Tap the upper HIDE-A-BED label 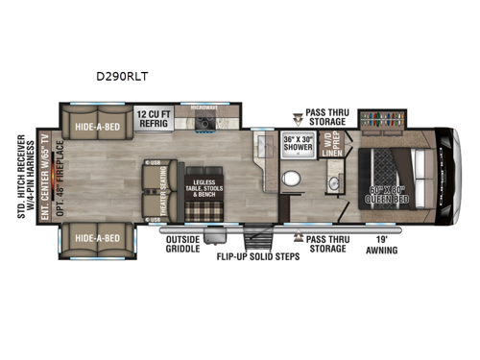click(x=97, y=122)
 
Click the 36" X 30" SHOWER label click(x=301, y=145)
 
